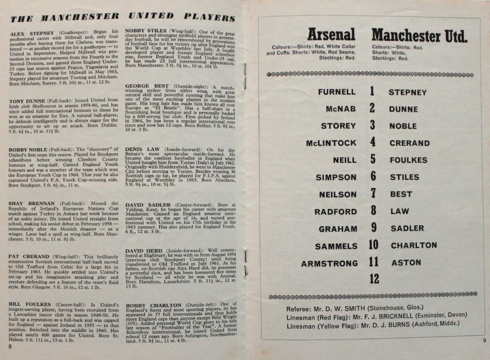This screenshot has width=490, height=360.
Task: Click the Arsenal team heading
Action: (331, 35)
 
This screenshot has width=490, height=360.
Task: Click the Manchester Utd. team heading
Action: (419, 36)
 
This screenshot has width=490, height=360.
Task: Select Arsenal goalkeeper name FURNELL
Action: (337, 92)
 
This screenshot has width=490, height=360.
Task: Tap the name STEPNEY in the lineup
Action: (408, 92)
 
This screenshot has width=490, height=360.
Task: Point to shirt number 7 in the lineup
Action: (372, 194)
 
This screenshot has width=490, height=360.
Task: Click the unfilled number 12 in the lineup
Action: (374, 279)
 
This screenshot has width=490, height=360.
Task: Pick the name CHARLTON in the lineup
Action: (414, 246)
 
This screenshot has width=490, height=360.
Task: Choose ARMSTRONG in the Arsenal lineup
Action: (330, 264)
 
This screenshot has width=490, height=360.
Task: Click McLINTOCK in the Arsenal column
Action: (331, 143)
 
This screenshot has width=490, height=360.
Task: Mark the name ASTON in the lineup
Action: (406, 263)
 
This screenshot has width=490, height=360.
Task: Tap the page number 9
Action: (484, 340)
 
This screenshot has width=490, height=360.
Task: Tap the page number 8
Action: (9, 346)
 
